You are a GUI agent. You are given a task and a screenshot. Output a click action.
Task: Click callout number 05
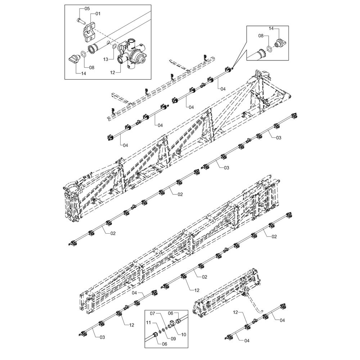tap(87, 9)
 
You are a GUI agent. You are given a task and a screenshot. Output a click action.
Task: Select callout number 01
tap(98, 14)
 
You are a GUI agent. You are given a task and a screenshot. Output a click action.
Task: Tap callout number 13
tap(105, 59)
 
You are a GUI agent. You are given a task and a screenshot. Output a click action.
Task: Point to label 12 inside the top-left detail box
tap(112, 73)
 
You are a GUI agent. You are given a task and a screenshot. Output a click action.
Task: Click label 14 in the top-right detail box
tap(271, 28)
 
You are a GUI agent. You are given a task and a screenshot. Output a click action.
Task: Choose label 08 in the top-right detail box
tap(261, 36)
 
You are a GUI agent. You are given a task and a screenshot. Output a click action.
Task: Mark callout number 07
tap(153, 313)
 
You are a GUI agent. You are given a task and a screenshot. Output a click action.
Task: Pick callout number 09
tap(173, 338)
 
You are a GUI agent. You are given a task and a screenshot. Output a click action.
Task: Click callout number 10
tap(184, 335)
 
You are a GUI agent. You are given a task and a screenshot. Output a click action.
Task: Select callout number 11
tap(149, 323)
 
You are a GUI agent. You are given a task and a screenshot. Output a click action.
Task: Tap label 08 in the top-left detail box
tap(91, 68)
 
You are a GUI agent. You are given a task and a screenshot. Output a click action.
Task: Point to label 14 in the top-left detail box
tap(84, 74)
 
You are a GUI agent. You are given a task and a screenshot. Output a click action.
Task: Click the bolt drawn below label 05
tap(80, 21)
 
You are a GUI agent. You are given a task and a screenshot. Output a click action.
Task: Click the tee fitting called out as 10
tap(171, 324)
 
